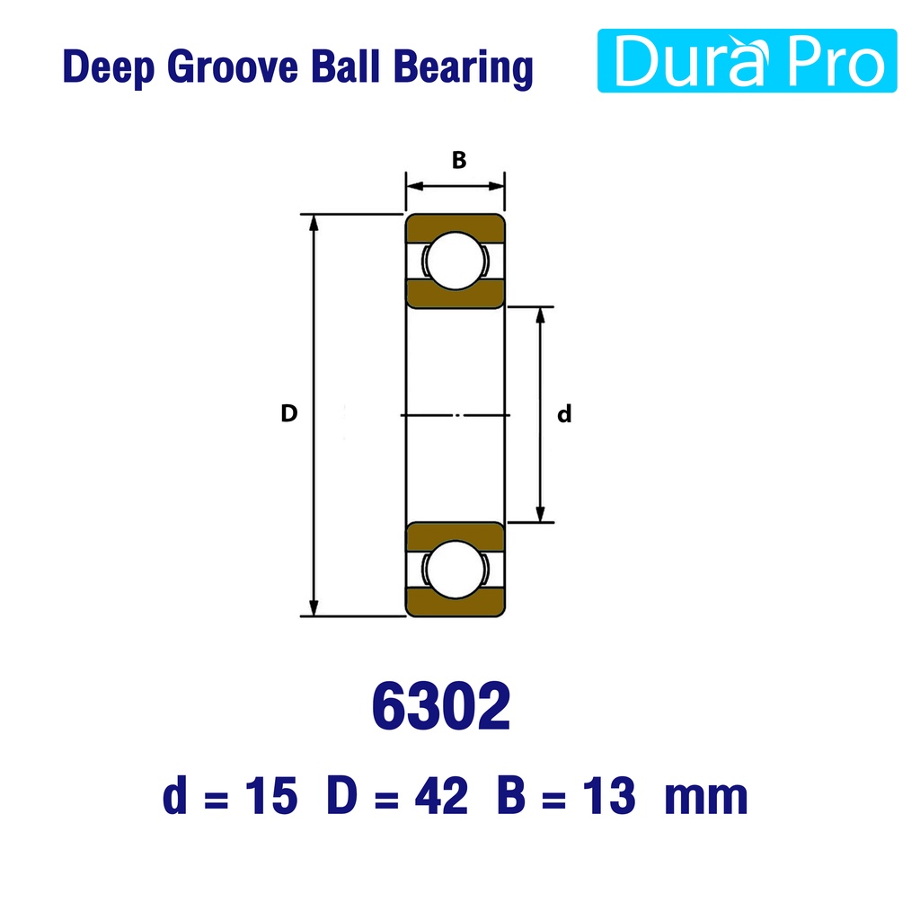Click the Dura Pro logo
pos(747,60)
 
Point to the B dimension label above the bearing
pos(459,160)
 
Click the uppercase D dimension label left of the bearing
pos(288,413)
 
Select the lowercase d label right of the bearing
pos(564,413)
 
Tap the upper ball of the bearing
pos(456,261)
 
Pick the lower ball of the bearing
pos(456,569)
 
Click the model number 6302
pos(441,706)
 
